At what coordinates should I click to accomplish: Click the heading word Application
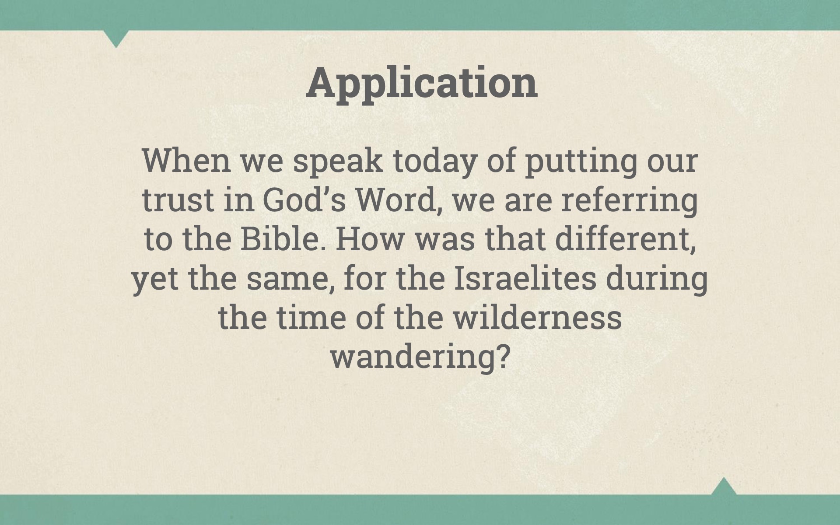[x=422, y=84]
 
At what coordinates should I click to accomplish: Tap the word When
[x=186, y=161]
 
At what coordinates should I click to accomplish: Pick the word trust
[x=178, y=200]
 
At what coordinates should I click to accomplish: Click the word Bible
[x=285, y=239]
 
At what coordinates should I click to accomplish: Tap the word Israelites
[x=525, y=278]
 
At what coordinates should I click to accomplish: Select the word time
[x=311, y=317]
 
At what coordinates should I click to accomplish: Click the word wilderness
[x=538, y=317]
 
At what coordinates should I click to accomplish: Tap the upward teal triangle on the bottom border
[x=724, y=486]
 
